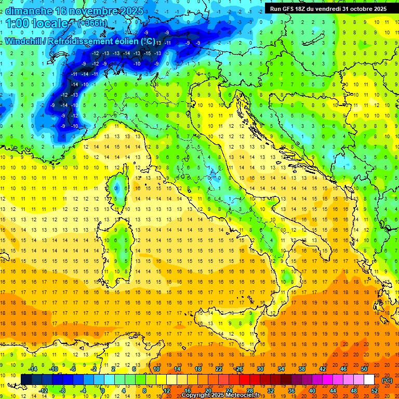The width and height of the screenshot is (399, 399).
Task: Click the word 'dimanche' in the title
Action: pyautogui.click(x=29, y=11)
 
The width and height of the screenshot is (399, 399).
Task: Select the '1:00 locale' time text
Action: pyautogui.click(x=37, y=23)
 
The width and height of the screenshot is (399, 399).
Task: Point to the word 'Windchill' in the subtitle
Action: pyautogui.click(x=24, y=42)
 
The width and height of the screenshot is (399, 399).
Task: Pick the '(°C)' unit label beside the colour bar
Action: pyautogui.click(x=387, y=380)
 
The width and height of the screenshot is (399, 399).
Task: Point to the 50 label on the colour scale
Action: pyautogui.click(x=364, y=369)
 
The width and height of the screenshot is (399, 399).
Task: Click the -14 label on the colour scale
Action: pyautogui.click(x=33, y=369)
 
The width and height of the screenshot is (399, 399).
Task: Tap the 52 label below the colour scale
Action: pyautogui.click(x=375, y=390)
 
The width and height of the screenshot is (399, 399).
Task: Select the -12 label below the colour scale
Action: pyautogui.click(x=44, y=390)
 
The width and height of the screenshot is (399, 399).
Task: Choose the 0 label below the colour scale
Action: pyautogui.click(x=103, y=390)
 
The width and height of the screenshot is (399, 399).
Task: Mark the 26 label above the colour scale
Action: pyautogui.click(x=239, y=369)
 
